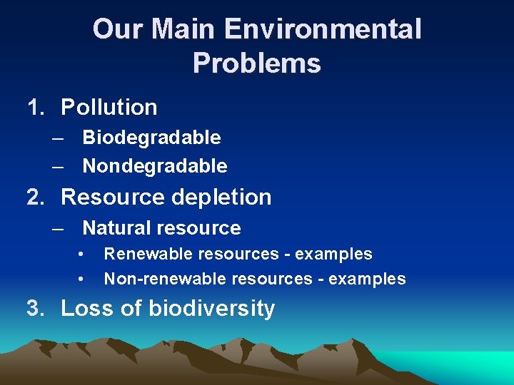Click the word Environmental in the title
[x=323, y=30]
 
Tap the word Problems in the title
[x=256, y=63]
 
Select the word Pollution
[x=109, y=107]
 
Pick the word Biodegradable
[x=151, y=137]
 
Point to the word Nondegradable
[x=155, y=167]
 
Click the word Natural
[x=118, y=228]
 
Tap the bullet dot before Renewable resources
[x=82, y=255]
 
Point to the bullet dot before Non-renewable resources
[x=82, y=279]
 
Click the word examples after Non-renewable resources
[x=366, y=279]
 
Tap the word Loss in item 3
[x=86, y=308]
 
